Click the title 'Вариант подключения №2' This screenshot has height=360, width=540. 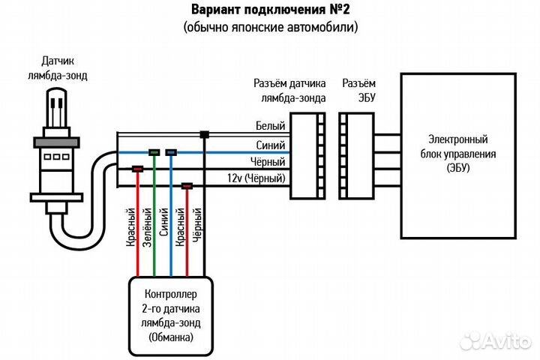[270, 10]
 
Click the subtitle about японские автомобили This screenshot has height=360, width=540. [270, 27]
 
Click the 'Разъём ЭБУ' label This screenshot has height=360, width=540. [358, 87]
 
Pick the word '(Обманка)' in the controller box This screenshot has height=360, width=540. [170, 337]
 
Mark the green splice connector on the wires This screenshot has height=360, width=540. [154, 152]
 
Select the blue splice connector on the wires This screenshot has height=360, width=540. [171, 152]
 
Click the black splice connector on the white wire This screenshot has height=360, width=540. [204, 135]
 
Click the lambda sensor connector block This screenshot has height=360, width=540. [308, 155]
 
